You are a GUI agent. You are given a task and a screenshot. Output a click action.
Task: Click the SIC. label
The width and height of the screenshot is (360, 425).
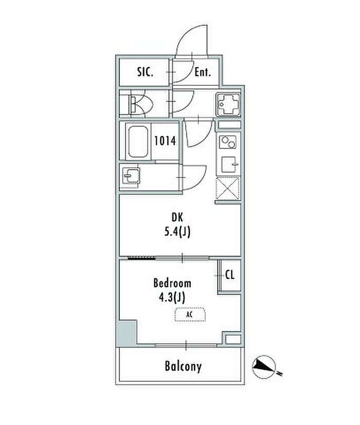(145, 72)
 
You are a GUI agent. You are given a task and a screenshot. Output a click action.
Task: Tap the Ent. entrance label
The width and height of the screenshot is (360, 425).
(203, 72)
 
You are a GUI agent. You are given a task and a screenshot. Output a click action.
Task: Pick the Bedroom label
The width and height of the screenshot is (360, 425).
(172, 283)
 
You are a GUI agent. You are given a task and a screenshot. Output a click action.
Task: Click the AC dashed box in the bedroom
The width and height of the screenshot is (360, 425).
(190, 314)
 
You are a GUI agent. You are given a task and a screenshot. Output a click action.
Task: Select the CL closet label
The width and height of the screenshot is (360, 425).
(229, 275)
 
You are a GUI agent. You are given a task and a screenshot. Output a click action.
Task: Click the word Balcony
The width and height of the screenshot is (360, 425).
(183, 367)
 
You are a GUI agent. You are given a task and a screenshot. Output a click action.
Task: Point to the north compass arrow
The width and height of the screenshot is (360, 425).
(265, 366)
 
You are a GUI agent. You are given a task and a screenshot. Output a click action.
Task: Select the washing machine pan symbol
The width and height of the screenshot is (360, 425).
(227, 104)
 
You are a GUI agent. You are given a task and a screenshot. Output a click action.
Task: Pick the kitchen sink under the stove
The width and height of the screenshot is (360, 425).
(228, 164)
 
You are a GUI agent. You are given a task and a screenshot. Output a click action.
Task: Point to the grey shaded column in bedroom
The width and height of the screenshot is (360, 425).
(128, 334)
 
